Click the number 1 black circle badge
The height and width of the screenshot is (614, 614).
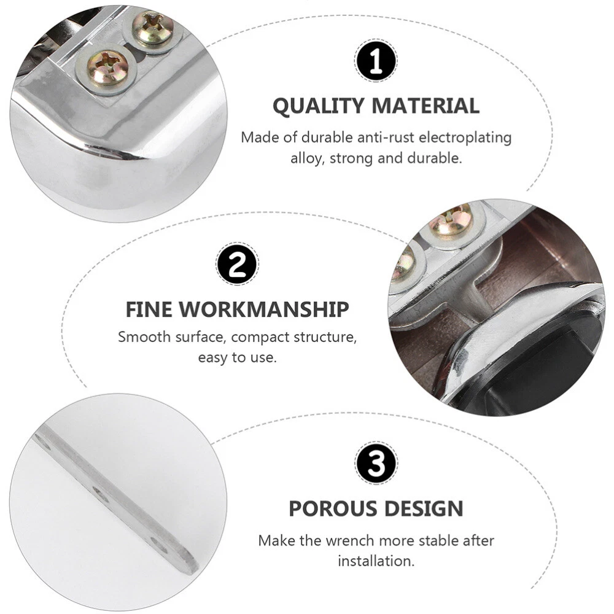(376, 61)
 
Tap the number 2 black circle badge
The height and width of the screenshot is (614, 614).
(237, 264)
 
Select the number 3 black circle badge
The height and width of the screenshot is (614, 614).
(376, 463)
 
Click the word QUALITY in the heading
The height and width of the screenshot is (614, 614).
(318, 106)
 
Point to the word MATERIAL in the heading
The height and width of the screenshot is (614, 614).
(426, 106)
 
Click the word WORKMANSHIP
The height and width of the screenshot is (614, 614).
(264, 309)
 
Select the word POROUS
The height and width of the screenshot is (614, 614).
(332, 508)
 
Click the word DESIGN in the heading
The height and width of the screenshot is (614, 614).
(424, 508)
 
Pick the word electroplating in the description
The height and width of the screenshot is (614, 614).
(465, 138)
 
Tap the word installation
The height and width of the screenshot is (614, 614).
(376, 561)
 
